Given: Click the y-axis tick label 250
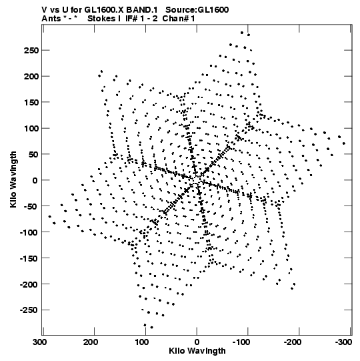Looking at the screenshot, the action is [x=31, y=51].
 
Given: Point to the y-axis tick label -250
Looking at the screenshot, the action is [x=29, y=310].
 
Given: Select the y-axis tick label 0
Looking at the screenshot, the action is [x=35, y=180].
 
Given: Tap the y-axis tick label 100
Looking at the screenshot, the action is [x=31, y=128].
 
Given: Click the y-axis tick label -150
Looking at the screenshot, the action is [x=29, y=258].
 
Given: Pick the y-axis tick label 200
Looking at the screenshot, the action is [x=31, y=76].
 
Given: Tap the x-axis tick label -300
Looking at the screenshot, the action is [x=343, y=342].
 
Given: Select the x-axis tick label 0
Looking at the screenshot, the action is [x=197, y=342].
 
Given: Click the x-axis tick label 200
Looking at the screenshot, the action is [x=91, y=342].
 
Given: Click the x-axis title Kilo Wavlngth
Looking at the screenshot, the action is [x=197, y=351].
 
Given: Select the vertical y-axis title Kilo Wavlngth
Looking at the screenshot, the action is [x=13, y=179].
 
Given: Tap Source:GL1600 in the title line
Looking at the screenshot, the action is [x=197, y=10].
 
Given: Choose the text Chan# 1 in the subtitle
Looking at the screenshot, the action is [x=179, y=19].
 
